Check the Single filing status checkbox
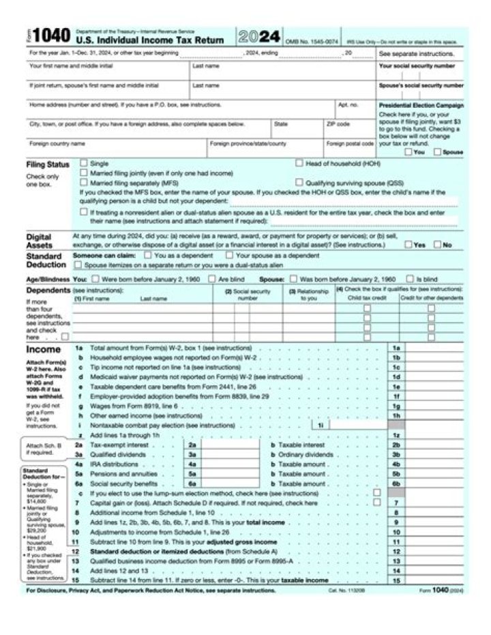[x=84, y=164]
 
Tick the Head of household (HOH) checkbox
[x=299, y=164]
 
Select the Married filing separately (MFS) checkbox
[x=84, y=183]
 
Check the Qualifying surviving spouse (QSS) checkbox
[x=299, y=183]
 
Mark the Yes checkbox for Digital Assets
[x=407, y=244]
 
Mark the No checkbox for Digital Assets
[x=437, y=244]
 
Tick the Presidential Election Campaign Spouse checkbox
[x=437, y=152]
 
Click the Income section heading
[x=43, y=350]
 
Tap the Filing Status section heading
[x=48, y=165]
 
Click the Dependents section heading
[x=48, y=290]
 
